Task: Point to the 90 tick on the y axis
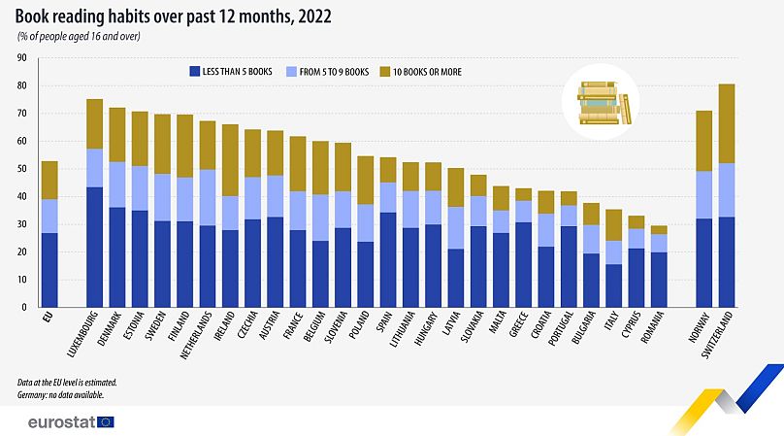[x=20, y=58]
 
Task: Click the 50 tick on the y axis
[x=20, y=169]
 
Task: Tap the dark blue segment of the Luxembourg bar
[x=94, y=248]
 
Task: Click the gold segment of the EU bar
[x=49, y=181]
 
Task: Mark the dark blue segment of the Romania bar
[x=659, y=280]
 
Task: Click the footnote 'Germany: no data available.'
[x=61, y=395]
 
